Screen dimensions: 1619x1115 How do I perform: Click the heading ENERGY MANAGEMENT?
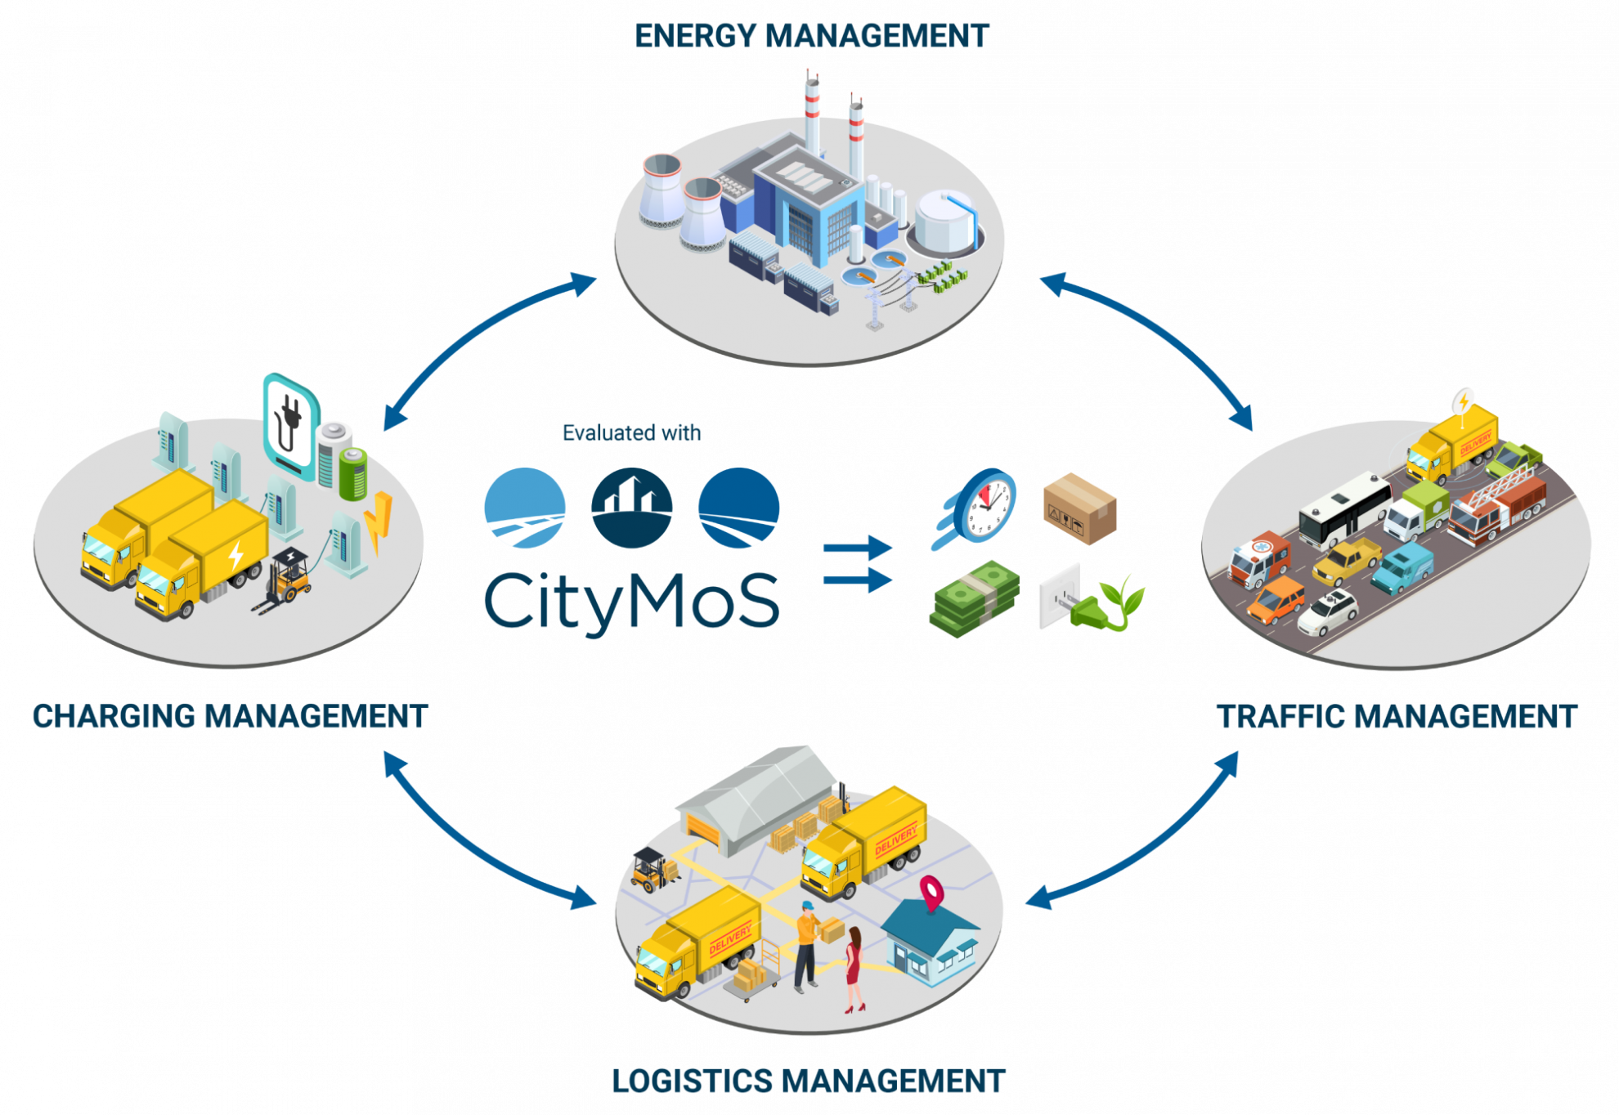pos(811,36)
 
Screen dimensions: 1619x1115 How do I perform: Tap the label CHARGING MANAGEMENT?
pos(230,716)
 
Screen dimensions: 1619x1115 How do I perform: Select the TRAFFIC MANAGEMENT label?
pos(1397,716)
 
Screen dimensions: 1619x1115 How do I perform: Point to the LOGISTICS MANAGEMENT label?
pos(808,1081)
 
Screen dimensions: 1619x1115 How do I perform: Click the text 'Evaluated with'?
pos(631,432)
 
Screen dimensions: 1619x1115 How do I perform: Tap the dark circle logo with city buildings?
pos(631,508)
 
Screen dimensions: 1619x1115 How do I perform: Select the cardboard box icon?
pos(1080,508)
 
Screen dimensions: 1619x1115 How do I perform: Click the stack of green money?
pos(975,598)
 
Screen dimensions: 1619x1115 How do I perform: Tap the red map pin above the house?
pos(932,892)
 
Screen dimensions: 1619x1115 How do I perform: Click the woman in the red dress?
pos(854,969)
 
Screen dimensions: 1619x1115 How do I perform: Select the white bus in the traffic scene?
pos(1344,510)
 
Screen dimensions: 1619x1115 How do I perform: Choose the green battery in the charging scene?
pos(353,473)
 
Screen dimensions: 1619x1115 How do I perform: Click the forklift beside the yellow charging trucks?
pos(283,581)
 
